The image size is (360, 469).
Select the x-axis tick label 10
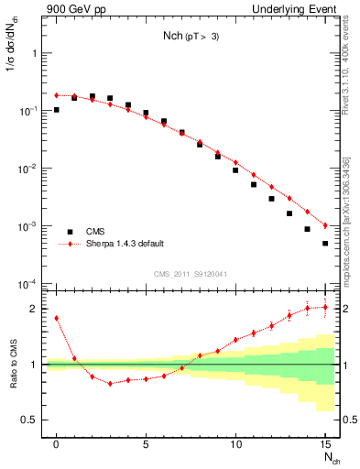(235, 444)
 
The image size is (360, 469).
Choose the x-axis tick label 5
(146, 444)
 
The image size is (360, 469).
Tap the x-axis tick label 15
(325, 444)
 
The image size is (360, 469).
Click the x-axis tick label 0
(56, 444)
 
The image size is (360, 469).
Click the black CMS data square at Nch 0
(57, 110)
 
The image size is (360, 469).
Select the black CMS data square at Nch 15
(325, 244)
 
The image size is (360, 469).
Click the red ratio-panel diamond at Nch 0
(57, 318)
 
